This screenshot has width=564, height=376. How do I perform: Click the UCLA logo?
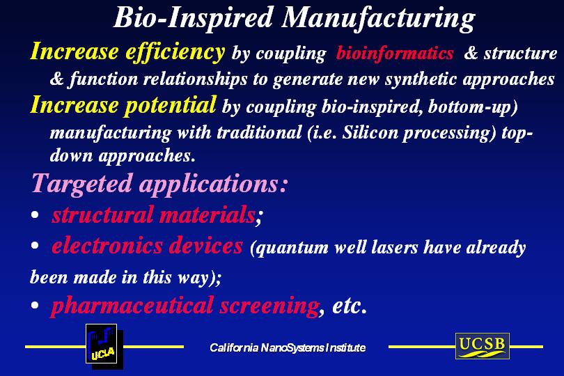[x=104, y=346]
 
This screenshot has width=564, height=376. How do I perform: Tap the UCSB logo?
[x=483, y=346]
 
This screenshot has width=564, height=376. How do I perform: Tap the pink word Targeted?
[x=82, y=185]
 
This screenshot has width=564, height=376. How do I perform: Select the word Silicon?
[x=370, y=133]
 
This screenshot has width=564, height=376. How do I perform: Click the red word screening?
[x=269, y=306]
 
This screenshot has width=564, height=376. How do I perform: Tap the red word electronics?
[x=107, y=246]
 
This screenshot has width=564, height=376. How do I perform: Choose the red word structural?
[x=102, y=214]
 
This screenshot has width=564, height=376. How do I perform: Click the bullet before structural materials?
[x=35, y=214]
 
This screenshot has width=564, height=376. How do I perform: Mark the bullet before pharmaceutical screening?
[x=35, y=306]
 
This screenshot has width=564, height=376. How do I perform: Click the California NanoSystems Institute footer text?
[x=288, y=347]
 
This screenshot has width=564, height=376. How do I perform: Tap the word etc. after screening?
[x=350, y=306]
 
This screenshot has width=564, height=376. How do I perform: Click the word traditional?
[x=259, y=132]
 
